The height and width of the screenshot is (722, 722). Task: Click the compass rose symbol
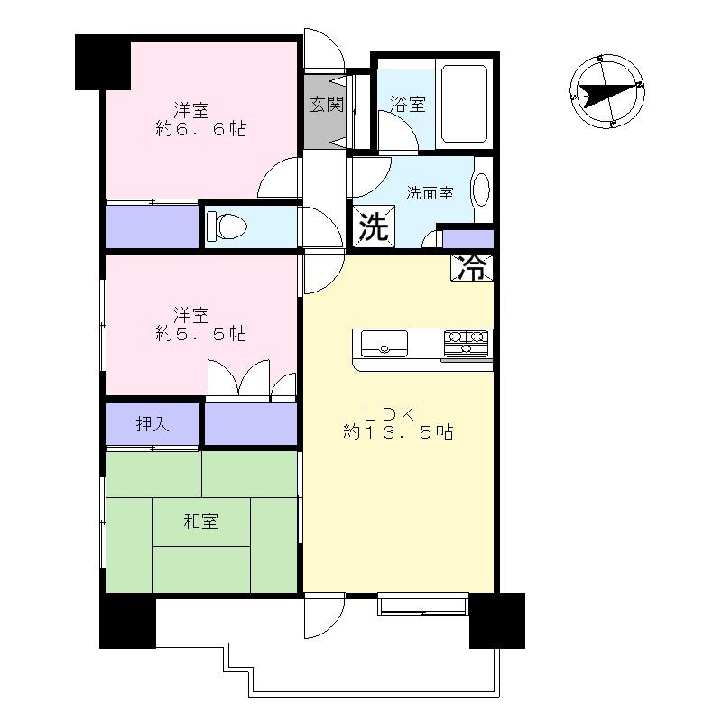pyautogui.click(x=606, y=91)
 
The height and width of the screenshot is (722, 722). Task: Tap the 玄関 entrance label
pyautogui.click(x=327, y=104)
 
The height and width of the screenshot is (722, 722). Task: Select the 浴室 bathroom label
pyautogui.click(x=407, y=105)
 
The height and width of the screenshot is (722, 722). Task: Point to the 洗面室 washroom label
pyautogui.click(x=430, y=193)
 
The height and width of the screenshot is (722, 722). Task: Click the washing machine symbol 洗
pyautogui.click(x=372, y=227)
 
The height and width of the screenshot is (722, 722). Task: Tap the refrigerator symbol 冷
pyautogui.click(x=472, y=267)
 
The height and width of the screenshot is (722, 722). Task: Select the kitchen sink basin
pyautogui.click(x=385, y=343)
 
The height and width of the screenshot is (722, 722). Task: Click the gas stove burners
pyautogui.click(x=467, y=343)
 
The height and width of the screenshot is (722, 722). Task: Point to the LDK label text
pyautogui.click(x=389, y=414)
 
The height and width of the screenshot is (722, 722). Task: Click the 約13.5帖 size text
pyautogui.click(x=398, y=433)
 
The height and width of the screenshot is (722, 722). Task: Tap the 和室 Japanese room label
pyautogui.click(x=201, y=521)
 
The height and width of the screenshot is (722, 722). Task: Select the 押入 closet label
pyautogui.click(x=153, y=423)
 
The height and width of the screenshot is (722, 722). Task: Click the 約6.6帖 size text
pyautogui.click(x=200, y=130)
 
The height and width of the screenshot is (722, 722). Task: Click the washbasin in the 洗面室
pyautogui.click(x=480, y=191)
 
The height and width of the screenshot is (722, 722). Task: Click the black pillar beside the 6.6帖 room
pyautogui.click(x=102, y=61)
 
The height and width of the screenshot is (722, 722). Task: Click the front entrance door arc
pyautogui.click(x=323, y=50)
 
